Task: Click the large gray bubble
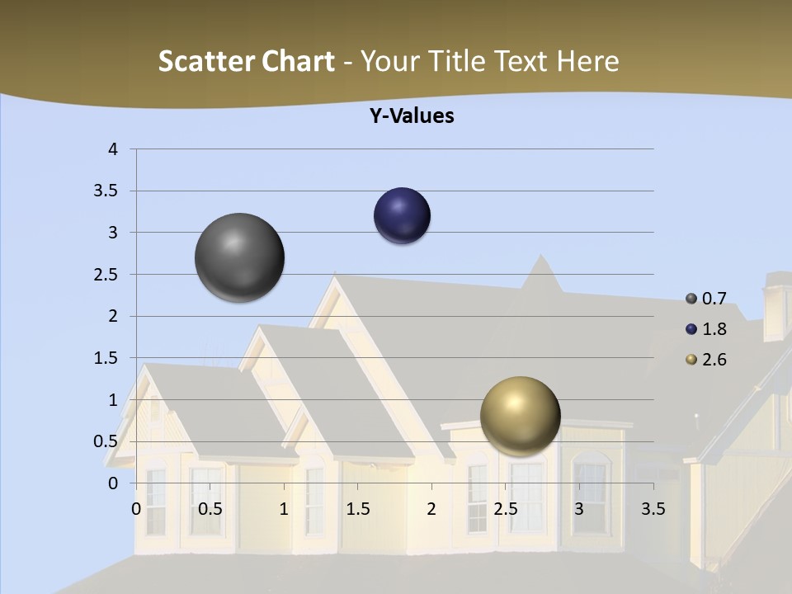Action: coord(239,257)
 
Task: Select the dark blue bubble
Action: coord(402,216)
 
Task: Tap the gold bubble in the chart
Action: coord(520,416)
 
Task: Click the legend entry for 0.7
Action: coord(706,299)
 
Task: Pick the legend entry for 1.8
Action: coord(706,329)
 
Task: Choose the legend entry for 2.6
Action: coord(706,360)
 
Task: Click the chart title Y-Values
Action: coord(412,116)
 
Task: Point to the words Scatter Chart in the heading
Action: coord(246,61)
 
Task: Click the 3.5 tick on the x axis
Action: coord(653,509)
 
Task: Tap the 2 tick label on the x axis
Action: coord(431,509)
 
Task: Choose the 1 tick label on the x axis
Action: coord(284,509)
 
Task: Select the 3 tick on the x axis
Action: coord(578,509)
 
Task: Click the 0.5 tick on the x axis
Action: coord(210,509)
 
